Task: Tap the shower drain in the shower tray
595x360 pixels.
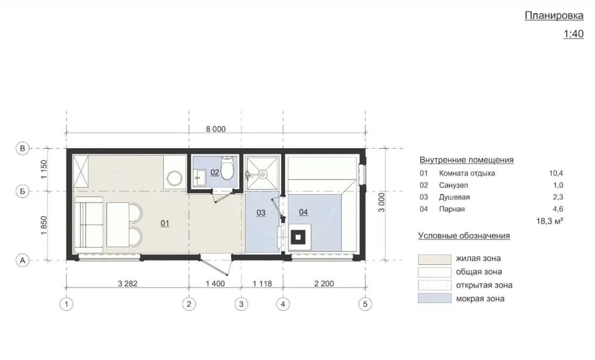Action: pos(262,175)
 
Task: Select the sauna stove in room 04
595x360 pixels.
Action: pos(298,237)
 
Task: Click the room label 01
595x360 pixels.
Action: pos(164,223)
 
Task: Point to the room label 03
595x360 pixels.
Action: pos(261,212)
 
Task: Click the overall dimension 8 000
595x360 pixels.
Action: pos(215,129)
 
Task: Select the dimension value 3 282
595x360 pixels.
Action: pos(128,283)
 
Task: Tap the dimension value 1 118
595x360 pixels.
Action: pos(262,283)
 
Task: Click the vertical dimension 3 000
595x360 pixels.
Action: pos(381,202)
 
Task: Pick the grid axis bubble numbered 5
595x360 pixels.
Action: pos(365,304)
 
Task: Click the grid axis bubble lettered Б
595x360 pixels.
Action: pos(22,191)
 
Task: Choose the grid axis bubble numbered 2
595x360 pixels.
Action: pos(189,304)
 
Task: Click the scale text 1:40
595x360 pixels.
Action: pos(573,34)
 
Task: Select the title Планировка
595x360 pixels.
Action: pos(554,16)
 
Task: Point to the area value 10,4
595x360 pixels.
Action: pos(556,174)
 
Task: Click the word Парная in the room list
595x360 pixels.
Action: pos(452,209)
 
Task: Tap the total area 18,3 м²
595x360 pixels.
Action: pos(550,221)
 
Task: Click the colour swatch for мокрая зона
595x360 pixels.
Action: pos(435,298)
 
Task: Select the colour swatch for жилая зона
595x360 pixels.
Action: pos(435,259)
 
